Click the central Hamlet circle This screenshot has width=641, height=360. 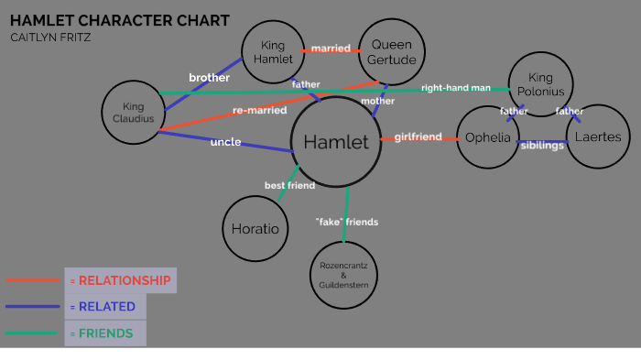(336, 141)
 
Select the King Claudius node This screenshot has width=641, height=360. (134, 112)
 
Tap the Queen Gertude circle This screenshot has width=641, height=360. (393, 52)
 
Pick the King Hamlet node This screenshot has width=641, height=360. (274, 53)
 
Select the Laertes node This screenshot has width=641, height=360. (600, 137)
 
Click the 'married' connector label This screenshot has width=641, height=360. (330, 48)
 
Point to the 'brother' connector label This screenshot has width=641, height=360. (209, 78)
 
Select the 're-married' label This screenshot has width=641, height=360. (259, 111)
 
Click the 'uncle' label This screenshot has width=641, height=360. (225, 142)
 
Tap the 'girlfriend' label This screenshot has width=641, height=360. (418, 137)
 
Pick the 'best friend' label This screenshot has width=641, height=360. (289, 185)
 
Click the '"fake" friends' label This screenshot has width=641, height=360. (346, 222)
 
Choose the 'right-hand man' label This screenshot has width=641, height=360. (455, 88)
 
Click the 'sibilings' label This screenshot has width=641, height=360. (542, 146)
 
